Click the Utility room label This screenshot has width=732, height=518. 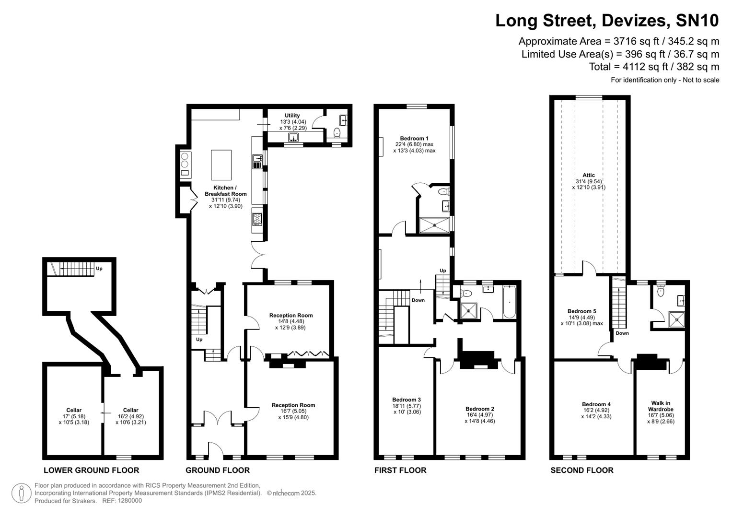pos(292,116)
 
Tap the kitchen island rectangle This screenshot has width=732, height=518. pos(221,165)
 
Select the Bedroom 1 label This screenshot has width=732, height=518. pos(414,139)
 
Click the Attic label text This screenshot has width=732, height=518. pos(589,175)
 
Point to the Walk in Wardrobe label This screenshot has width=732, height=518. pos(661,406)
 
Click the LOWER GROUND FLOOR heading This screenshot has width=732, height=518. pos(91,470)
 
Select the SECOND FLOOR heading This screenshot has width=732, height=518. pos(581,470)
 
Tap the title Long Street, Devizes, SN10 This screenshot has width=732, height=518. pos(607,21)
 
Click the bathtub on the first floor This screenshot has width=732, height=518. pos(509,302)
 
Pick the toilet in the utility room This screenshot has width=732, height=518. pos(337,132)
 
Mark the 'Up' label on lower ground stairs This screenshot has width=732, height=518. pos(99,269)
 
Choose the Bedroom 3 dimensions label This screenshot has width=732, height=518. pos(407,406)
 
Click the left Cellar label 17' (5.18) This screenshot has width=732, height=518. pos(74,416)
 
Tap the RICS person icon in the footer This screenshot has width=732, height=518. pos(21,493)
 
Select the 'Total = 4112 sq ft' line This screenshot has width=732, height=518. pos(654,67)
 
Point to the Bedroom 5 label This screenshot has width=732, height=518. pos(581,311)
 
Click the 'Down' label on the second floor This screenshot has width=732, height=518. pos(622,333)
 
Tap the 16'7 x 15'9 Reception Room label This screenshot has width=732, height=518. pos(293,411)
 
